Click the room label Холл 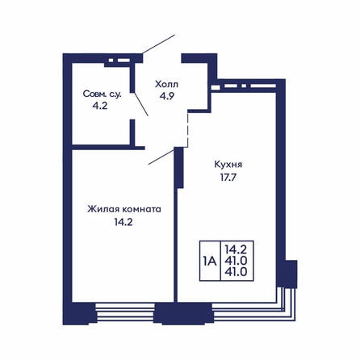[x=166, y=84]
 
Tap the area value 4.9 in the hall [x=167, y=96]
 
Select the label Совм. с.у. [x=103, y=94]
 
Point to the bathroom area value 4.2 [x=100, y=106]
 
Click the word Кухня [x=228, y=165]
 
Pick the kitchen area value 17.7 [x=228, y=178]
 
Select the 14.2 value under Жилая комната [x=123, y=222]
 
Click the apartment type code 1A [x=210, y=261]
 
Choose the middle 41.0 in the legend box [x=237, y=261]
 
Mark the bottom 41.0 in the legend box [x=237, y=271]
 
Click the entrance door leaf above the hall [x=159, y=44]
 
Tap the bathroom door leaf [x=141, y=104]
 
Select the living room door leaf [x=161, y=157]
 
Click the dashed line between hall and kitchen [x=187, y=130]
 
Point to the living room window [x=125, y=312]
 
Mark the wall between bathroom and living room [x=108, y=148]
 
